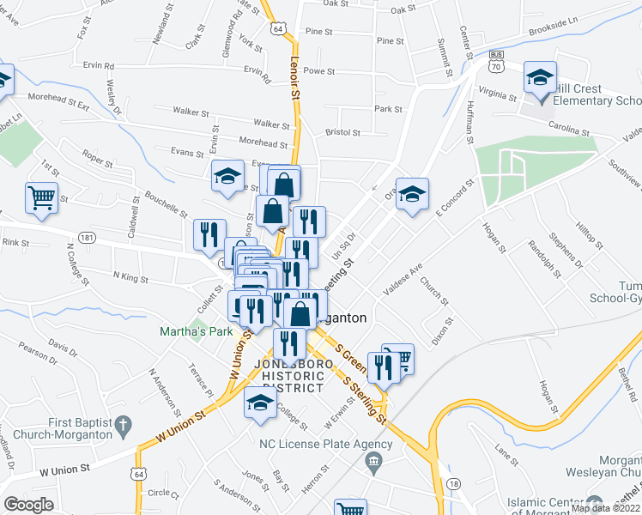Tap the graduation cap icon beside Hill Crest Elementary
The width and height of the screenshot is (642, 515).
click(540, 78)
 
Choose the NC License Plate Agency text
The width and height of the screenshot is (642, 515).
click(326, 444)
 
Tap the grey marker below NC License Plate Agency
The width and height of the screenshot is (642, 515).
click(372, 464)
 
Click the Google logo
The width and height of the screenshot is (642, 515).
click(28, 505)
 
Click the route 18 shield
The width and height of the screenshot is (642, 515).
click(453, 484)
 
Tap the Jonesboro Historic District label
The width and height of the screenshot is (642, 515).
click(288, 375)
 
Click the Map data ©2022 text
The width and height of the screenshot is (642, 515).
click(605, 508)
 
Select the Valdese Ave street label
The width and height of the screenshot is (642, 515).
click(404, 280)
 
